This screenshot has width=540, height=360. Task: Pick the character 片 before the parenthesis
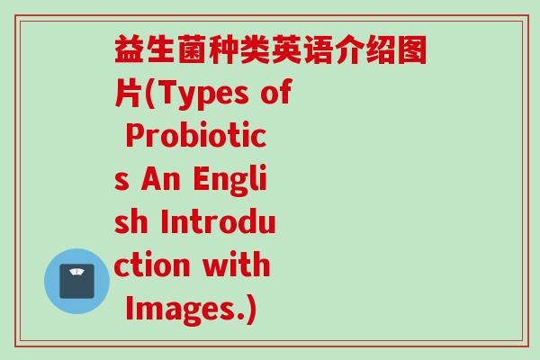pyautogui.click(x=129, y=94)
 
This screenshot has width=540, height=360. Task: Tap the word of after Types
pyautogui.click(x=275, y=94)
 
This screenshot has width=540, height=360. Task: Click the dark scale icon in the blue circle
pyautogui.click(x=76, y=281)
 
